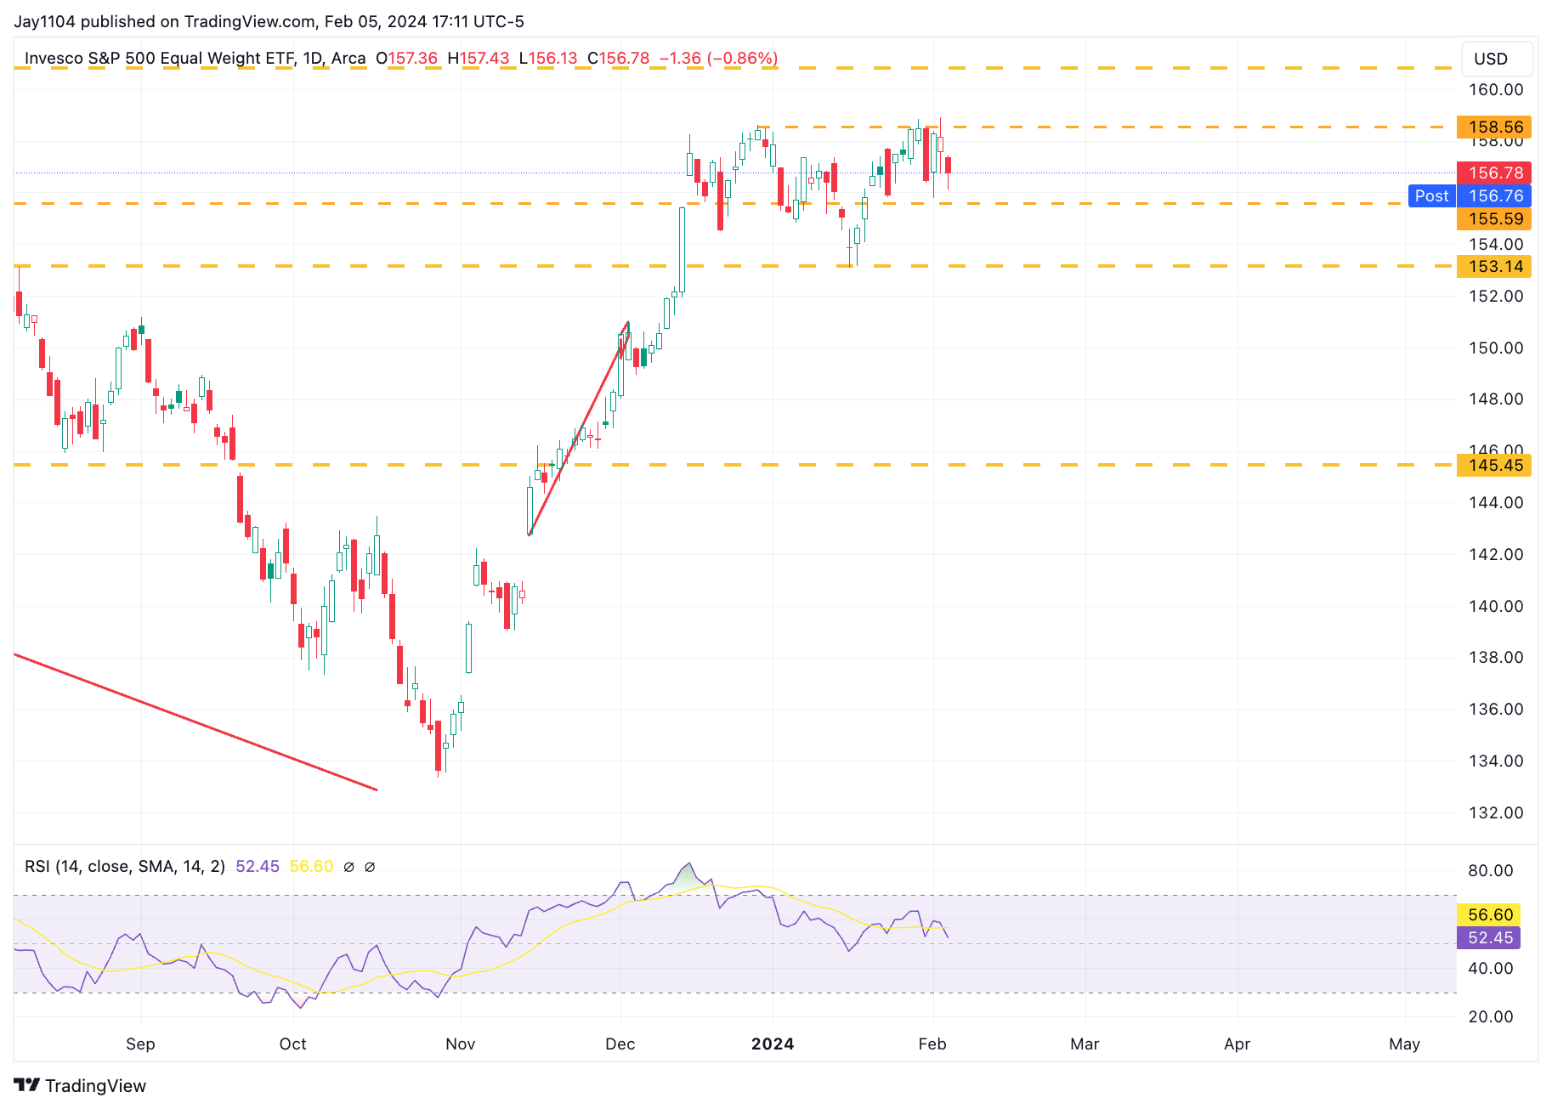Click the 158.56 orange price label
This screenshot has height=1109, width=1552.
click(1494, 127)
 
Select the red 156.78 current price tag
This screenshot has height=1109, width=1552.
click(1494, 173)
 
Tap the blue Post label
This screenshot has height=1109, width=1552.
click(1431, 196)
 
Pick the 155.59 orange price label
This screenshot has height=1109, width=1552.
click(1494, 219)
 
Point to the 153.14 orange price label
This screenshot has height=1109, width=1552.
click(1494, 267)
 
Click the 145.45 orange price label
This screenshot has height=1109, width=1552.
click(1494, 466)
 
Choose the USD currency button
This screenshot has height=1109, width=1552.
click(1490, 59)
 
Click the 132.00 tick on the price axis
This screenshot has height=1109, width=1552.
click(1496, 813)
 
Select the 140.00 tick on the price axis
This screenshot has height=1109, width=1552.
click(1496, 607)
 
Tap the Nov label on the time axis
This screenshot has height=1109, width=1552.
click(460, 1044)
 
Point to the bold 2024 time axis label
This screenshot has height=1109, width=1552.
click(772, 1044)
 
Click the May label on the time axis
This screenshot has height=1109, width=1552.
click(1404, 1044)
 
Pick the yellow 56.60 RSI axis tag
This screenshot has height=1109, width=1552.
click(1490, 915)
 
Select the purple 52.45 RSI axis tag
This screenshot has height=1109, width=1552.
click(1490, 938)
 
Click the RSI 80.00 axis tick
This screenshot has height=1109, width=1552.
click(1490, 871)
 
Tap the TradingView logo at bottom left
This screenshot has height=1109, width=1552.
click(80, 1086)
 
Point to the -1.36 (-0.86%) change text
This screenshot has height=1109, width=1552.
click(718, 59)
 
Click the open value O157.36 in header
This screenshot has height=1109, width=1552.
click(407, 59)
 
